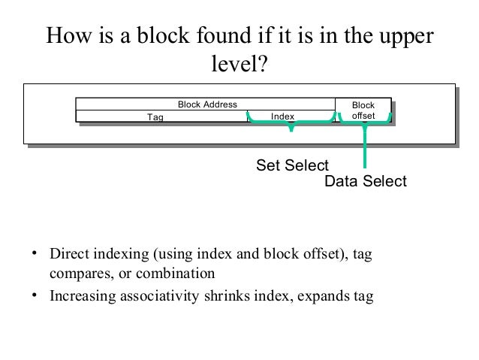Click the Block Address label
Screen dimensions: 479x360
coord(206,104)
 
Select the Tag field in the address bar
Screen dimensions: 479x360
coord(155,116)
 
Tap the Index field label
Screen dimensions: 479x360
coord(282,116)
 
